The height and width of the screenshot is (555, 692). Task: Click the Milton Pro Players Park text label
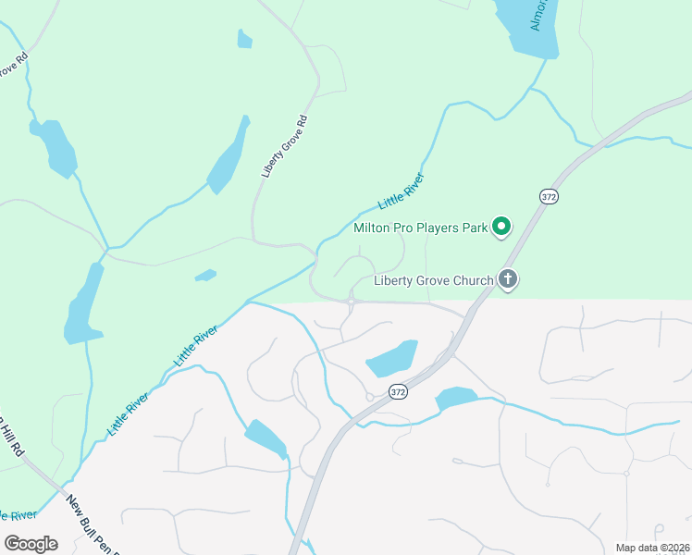click(x=419, y=228)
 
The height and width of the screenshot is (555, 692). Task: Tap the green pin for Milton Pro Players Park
click(x=501, y=226)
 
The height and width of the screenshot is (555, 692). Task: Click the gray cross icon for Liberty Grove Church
click(x=507, y=278)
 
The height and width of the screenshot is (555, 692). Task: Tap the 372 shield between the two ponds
click(x=398, y=391)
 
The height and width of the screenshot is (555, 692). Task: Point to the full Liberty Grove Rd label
click(x=283, y=146)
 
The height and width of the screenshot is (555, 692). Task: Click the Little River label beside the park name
click(x=401, y=191)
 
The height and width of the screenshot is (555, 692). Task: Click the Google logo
click(x=31, y=543)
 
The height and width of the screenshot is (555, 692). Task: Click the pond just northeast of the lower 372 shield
click(x=391, y=358)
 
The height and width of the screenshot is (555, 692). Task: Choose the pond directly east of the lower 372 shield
click(x=455, y=399)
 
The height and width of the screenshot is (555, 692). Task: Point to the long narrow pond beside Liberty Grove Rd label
click(x=229, y=155)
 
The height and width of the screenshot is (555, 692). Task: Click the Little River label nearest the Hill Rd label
click(x=128, y=413)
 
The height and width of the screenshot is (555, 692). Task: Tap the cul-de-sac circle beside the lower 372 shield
click(x=369, y=398)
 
